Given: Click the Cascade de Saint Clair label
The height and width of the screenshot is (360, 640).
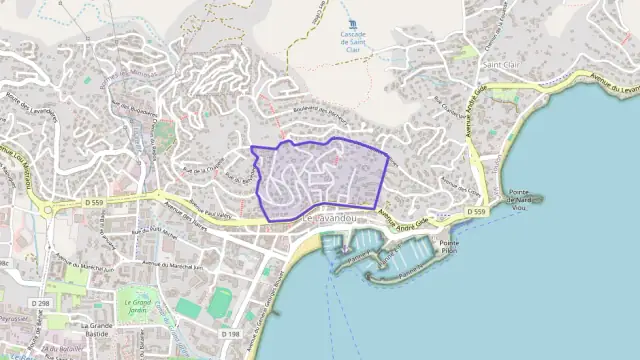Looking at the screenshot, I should click(353, 40).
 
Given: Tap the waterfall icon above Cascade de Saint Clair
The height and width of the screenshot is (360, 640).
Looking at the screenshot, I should click(352, 25).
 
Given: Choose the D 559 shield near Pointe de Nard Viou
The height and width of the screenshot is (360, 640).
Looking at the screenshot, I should click(477, 213).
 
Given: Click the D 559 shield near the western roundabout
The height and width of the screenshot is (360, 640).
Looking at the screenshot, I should click(95, 202).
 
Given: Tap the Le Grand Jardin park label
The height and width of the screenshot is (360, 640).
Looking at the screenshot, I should click(137, 304).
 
